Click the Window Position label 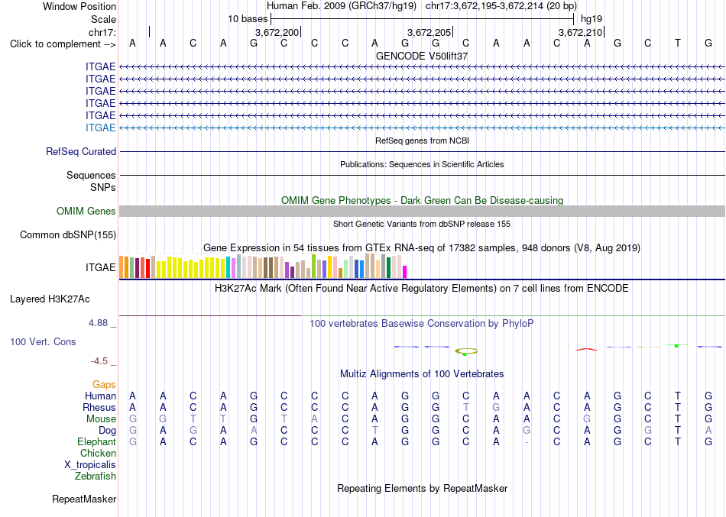click(79, 6)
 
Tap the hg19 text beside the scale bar click(591, 19)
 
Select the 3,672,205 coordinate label click(429, 32)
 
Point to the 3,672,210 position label click(580, 32)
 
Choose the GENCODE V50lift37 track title click(422, 56)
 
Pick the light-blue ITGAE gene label click(100, 128)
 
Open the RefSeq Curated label click(81, 151)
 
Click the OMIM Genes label click(86, 211)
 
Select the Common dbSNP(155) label click(68, 234)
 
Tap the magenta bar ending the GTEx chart click(405, 272)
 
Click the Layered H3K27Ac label click(50, 299)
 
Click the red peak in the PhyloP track click(587, 349)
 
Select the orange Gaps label click(104, 384)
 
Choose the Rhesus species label click(99, 407)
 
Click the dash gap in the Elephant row click(527, 442)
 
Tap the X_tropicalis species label click(90, 465)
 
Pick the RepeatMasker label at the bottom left click(84, 499)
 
